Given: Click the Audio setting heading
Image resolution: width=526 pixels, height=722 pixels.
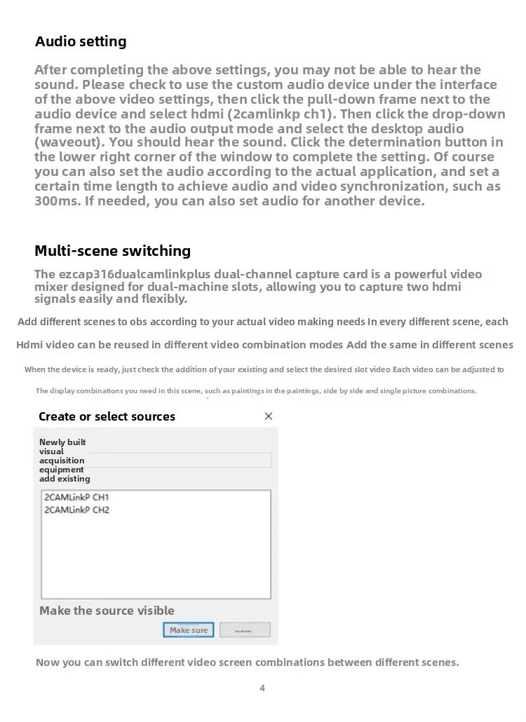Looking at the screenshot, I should [x=81, y=41].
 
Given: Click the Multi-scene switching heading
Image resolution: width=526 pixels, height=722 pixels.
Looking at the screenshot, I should [x=112, y=251].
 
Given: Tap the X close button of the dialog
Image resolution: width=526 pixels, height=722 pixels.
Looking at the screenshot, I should [x=269, y=416].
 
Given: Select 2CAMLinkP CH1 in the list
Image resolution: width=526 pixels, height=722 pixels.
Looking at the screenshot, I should [x=77, y=498].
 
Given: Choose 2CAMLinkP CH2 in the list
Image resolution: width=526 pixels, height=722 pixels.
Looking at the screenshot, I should [x=77, y=510].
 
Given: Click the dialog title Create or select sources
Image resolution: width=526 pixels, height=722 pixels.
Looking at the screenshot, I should [x=107, y=416].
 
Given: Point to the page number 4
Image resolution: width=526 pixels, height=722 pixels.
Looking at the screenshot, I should [x=262, y=688].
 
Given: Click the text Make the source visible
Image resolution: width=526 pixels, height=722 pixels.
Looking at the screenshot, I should [x=107, y=611].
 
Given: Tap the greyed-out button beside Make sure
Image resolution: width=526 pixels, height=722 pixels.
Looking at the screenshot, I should [x=245, y=630].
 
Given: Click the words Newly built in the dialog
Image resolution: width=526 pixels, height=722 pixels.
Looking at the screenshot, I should [x=62, y=442].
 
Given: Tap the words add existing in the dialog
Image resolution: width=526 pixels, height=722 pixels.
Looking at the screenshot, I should [x=65, y=479].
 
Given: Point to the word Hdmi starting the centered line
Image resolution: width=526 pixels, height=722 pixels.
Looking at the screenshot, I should [x=29, y=345].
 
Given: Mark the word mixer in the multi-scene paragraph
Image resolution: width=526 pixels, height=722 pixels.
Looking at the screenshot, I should [x=53, y=287].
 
